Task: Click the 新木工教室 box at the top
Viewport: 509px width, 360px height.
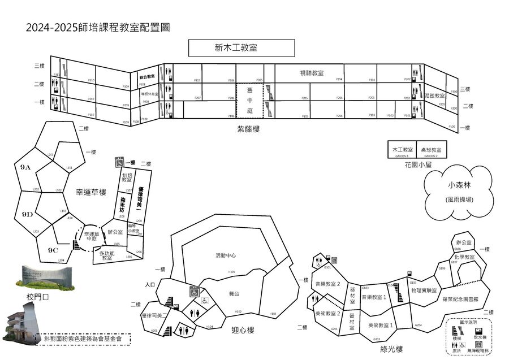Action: tap(241, 48)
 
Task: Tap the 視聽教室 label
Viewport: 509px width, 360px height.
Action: tap(311, 73)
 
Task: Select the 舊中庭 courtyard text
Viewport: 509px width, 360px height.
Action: tap(249, 99)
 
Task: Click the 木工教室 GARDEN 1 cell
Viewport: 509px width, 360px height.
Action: tap(402, 150)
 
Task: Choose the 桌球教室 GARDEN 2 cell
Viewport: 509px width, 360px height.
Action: tap(431, 150)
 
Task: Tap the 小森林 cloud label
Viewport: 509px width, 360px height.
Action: tap(459, 184)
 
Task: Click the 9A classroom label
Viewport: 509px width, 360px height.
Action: tap(25, 167)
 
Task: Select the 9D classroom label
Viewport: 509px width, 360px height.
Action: tap(27, 215)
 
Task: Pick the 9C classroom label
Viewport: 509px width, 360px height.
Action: tap(53, 250)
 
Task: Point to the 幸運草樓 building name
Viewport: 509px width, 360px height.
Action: tap(91, 192)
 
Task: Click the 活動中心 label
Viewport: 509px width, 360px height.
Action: tap(226, 255)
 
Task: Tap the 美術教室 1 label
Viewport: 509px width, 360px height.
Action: tap(380, 325)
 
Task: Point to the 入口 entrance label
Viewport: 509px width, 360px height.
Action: tap(150, 284)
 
